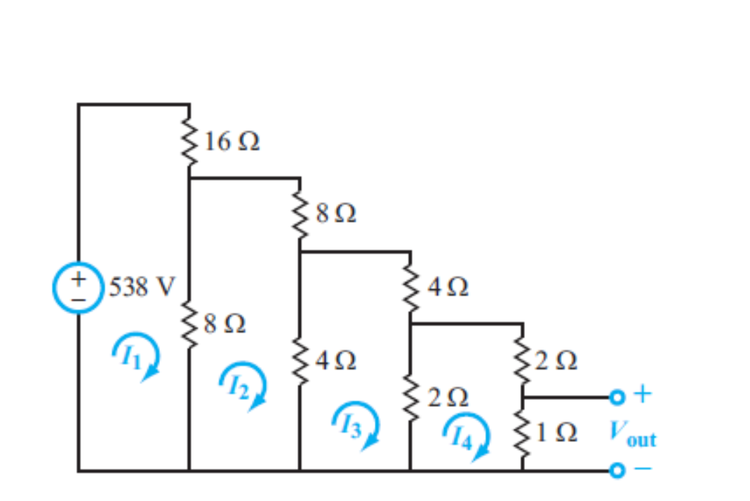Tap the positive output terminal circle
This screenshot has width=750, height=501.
(x=616, y=397)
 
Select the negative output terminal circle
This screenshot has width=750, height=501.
(x=616, y=470)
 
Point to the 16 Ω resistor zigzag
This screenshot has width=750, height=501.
(x=189, y=141)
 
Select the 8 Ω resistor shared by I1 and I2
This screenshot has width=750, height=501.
(x=189, y=323)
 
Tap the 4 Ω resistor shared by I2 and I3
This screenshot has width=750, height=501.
(x=300, y=361)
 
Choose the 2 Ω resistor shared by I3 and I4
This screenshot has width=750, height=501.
(x=410, y=398)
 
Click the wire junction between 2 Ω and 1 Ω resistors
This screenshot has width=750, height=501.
(x=523, y=397)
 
